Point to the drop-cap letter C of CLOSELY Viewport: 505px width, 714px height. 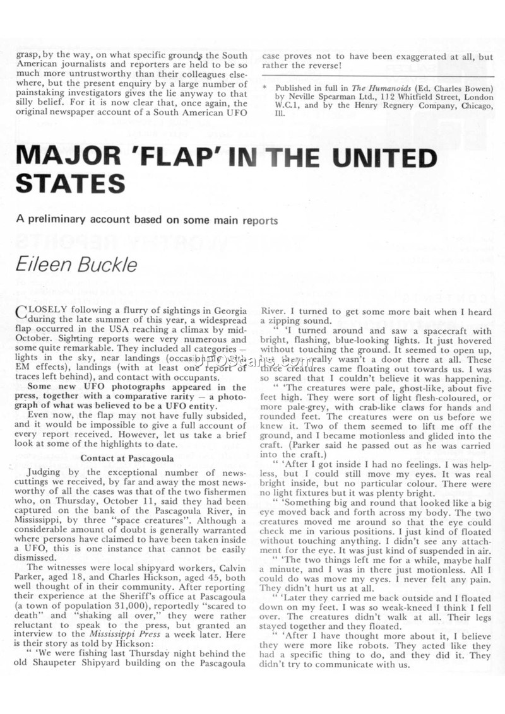(20, 312)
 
